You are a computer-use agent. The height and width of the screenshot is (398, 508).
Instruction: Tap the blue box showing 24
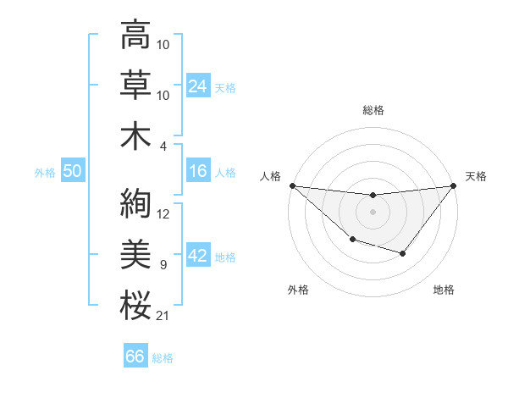click(198, 86)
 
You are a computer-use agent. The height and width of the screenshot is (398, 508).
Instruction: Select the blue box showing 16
click(198, 171)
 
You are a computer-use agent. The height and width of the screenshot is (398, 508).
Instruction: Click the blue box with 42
click(198, 257)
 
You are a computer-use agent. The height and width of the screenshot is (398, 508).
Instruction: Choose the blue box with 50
click(72, 171)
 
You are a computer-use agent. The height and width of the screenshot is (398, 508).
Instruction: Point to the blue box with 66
click(135, 357)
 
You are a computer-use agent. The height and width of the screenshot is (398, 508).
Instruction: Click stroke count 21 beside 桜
click(163, 316)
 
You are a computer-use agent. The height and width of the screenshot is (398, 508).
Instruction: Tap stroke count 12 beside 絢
click(163, 214)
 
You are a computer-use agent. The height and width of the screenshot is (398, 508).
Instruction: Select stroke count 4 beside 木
click(163, 146)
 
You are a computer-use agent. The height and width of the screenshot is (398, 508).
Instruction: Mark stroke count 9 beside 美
click(163, 265)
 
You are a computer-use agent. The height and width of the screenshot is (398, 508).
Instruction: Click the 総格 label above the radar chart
click(373, 110)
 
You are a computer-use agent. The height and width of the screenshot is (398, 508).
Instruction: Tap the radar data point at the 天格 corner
click(453, 185)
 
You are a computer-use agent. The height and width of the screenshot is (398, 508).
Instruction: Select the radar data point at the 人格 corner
click(292, 185)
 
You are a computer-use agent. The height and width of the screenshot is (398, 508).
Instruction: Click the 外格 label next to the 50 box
click(45, 172)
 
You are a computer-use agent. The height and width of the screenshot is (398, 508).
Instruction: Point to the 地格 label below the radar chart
click(444, 290)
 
